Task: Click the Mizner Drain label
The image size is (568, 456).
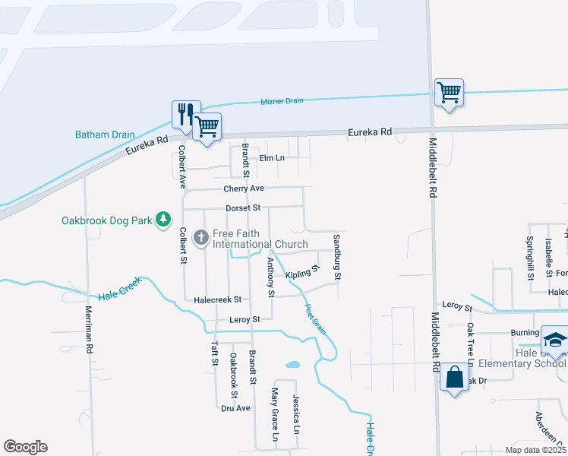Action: [x=276, y=101]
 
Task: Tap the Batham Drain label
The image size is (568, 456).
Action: [x=105, y=135]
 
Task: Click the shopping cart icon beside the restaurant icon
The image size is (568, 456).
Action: [x=207, y=126]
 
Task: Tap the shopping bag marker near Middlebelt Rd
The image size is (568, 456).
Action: [x=454, y=376]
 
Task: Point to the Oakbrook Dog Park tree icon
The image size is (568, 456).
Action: [x=163, y=220]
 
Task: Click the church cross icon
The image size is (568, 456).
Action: [x=202, y=238]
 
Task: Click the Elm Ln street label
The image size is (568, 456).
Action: [x=271, y=158]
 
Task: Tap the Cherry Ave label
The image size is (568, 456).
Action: [x=244, y=188]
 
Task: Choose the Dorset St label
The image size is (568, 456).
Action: [x=243, y=207]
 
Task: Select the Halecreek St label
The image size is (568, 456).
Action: [x=217, y=300]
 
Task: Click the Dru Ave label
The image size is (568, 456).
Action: [x=235, y=408]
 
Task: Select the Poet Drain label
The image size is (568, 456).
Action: [x=315, y=319]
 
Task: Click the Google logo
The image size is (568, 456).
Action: [x=25, y=447]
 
